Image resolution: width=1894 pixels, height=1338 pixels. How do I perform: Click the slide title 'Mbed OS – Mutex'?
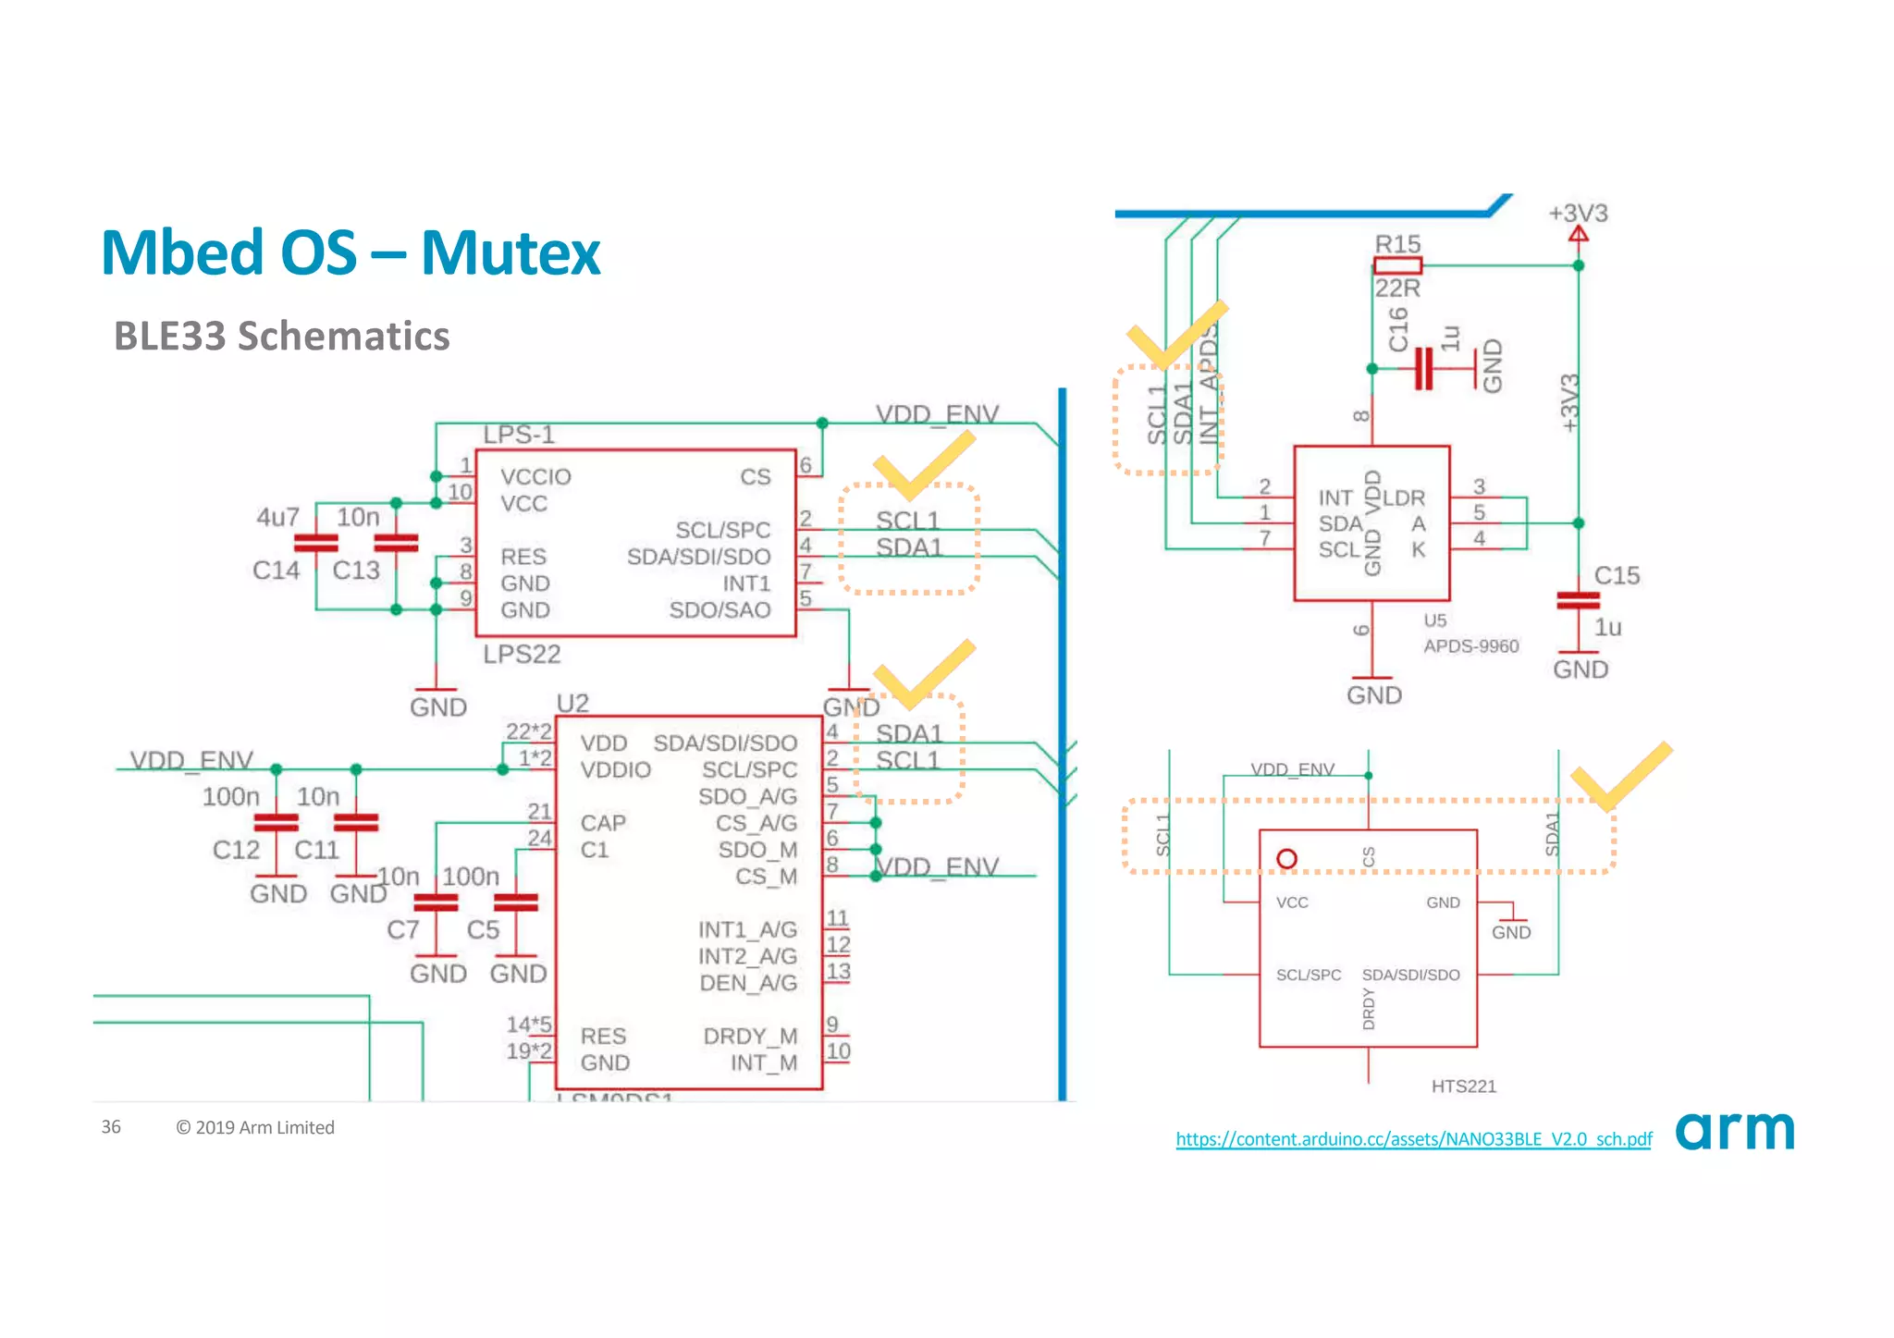click(x=351, y=252)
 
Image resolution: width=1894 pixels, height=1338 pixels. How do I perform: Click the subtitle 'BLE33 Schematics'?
click(x=281, y=336)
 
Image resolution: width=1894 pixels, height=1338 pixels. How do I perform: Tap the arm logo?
click(x=1734, y=1130)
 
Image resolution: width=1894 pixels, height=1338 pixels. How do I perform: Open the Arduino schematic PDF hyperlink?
click(x=1413, y=1139)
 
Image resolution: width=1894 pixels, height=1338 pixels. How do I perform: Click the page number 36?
click(x=111, y=1126)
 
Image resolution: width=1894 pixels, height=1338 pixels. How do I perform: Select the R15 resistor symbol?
click(x=1397, y=266)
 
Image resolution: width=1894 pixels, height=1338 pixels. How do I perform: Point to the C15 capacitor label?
click(x=1617, y=575)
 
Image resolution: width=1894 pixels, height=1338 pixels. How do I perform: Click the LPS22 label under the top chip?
click(x=522, y=655)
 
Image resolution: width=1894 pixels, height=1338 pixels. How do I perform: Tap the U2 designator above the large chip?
click(x=572, y=704)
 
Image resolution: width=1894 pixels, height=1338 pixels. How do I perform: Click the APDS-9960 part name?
click(x=1470, y=646)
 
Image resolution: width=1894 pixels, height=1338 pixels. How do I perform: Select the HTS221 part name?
click(x=1463, y=1086)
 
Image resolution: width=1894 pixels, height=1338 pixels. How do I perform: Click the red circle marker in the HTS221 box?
click(x=1286, y=859)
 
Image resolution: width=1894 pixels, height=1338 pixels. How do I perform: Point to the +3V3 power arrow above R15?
click(x=1579, y=233)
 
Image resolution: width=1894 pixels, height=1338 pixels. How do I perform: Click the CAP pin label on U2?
click(x=603, y=823)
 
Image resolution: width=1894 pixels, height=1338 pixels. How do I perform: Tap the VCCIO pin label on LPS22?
click(x=535, y=477)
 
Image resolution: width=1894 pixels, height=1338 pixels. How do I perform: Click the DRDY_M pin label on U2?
click(x=750, y=1037)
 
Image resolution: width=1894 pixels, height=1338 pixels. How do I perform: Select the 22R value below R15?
click(x=1396, y=288)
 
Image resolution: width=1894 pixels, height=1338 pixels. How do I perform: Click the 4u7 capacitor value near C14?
click(x=277, y=517)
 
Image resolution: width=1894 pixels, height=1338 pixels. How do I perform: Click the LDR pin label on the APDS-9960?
click(x=1404, y=497)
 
